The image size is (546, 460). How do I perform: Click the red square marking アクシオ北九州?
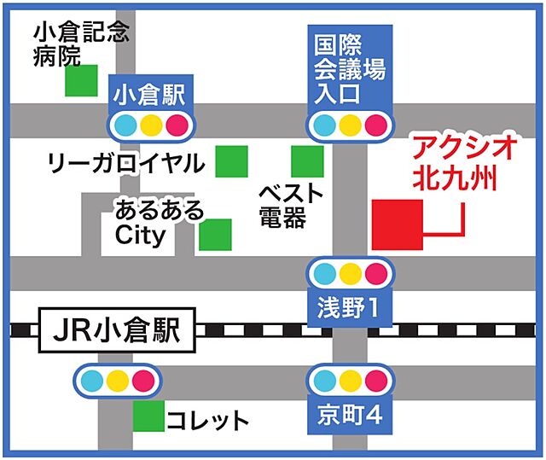pyautogui.click(x=398, y=225)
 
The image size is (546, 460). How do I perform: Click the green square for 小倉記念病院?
pyautogui.click(x=82, y=81)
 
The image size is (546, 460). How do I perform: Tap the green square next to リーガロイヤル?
pyautogui.click(x=231, y=161)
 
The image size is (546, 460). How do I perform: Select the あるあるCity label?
pyautogui.click(x=160, y=222)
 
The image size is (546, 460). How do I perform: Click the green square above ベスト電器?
pyautogui.click(x=307, y=161)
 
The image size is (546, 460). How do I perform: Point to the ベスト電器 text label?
pyautogui.click(x=291, y=206)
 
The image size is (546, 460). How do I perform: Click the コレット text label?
pyautogui.click(x=208, y=420)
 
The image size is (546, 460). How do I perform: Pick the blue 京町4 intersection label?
pyautogui.click(x=349, y=416)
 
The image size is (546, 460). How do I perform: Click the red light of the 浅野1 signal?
pyautogui.click(x=375, y=274)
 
